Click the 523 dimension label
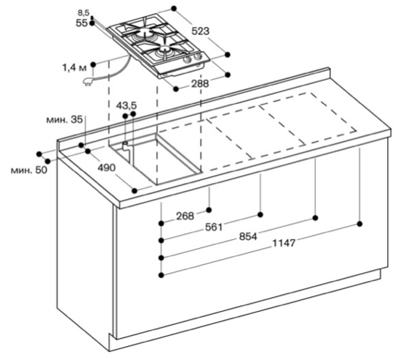201,31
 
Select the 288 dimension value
200,83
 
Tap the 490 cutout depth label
107,168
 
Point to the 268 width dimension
185,216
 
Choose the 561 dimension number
214,227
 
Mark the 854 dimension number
248,236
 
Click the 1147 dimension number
284,244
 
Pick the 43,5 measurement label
127,105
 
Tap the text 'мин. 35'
64,119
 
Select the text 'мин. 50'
29,170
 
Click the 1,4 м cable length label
74,68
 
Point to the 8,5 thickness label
83,12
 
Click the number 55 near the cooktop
82,23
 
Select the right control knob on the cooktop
197,58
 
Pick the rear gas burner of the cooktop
143,32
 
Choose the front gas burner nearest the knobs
164,49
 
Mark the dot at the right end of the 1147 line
359,224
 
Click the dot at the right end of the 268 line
209,210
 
